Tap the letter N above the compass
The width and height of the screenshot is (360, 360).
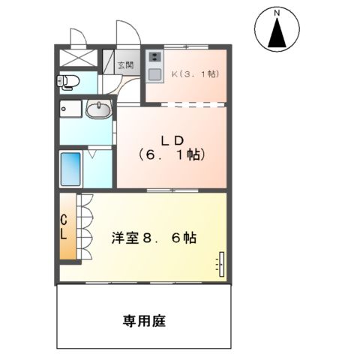(x=276, y=13)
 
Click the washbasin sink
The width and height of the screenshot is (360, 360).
(x=98, y=112)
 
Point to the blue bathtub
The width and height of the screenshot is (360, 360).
(x=72, y=169)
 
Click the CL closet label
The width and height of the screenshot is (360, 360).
(x=64, y=226)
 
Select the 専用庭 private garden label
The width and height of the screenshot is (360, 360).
(x=144, y=321)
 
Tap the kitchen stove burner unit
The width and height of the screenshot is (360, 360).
(x=154, y=57)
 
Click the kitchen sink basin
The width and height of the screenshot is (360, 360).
(x=154, y=73)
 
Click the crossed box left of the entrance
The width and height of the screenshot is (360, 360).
(x=76, y=57)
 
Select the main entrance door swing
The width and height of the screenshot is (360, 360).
(x=126, y=34)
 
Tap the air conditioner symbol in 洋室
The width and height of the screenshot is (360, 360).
(x=220, y=263)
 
